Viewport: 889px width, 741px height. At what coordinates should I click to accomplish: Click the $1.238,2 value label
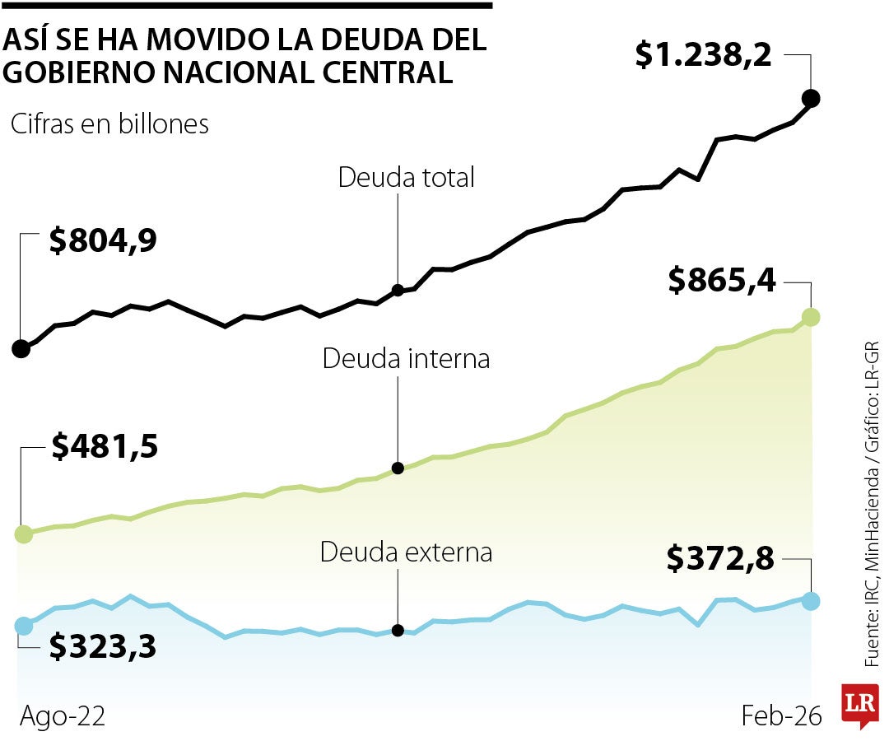pos(703,55)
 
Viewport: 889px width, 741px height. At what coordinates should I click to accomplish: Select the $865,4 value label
pos(722,282)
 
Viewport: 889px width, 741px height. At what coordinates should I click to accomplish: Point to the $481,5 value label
pos(105,446)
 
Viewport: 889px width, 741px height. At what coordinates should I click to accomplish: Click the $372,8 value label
pos(721,560)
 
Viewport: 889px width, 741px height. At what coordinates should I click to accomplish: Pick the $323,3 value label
pos(103,647)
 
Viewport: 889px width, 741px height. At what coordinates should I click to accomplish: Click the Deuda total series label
pos(407,177)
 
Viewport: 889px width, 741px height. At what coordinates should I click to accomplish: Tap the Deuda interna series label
pos(406,359)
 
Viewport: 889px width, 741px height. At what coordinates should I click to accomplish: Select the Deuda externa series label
pos(406,552)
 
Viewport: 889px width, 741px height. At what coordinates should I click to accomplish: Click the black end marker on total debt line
pos(811,99)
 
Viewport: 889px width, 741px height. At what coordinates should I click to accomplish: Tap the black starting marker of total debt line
pos(21,349)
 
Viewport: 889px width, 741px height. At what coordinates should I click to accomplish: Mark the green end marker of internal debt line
pos(811,316)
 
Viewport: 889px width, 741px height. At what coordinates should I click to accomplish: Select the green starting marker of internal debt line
pos(23,534)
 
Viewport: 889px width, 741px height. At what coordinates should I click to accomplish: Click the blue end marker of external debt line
pos(811,601)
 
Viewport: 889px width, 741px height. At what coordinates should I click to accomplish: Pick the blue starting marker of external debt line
pos(23,626)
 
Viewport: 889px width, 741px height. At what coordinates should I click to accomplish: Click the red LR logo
pos(859,704)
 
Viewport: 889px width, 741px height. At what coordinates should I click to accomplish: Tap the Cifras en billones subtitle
pos(109,124)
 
